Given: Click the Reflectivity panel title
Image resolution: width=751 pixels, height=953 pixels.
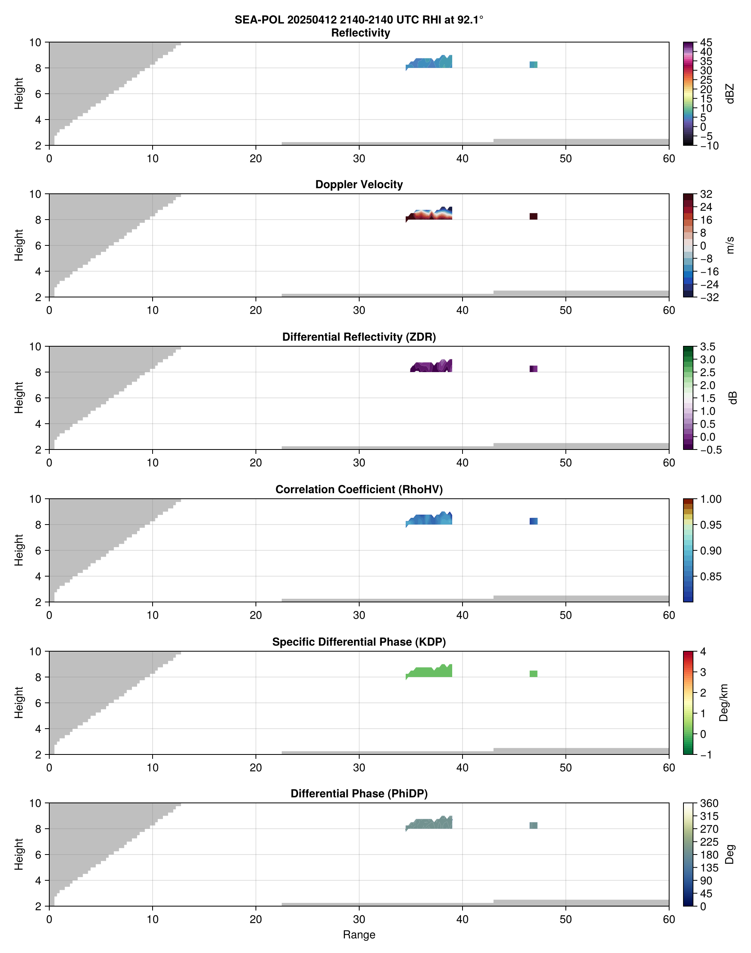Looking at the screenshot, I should (x=360, y=33).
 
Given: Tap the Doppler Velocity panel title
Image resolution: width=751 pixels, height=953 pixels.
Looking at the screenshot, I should (x=359, y=185).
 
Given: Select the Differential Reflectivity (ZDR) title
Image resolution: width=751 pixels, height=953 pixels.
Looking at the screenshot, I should (x=359, y=337).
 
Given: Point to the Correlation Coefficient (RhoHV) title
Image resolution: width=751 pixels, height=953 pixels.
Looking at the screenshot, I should (x=359, y=490).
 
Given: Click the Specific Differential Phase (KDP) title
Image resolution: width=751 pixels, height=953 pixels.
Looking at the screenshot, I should (x=359, y=642).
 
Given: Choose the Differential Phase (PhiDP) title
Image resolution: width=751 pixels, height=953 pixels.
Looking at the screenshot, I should (x=359, y=793).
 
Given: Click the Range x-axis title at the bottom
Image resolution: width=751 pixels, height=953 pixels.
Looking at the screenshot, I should (x=359, y=935).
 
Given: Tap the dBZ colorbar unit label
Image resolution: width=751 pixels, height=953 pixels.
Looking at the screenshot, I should (x=730, y=94).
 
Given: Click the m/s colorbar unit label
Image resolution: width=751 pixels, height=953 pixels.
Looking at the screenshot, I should (x=730, y=245).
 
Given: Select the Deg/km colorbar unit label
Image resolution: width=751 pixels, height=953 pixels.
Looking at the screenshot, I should (x=724, y=702).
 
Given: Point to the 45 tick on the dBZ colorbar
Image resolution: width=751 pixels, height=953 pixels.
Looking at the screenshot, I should (x=706, y=42).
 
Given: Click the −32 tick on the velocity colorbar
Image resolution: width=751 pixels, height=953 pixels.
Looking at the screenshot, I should (x=709, y=297).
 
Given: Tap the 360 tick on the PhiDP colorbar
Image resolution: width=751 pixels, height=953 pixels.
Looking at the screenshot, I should (x=709, y=804).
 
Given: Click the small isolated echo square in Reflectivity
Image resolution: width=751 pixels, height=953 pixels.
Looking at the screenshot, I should (x=533, y=65).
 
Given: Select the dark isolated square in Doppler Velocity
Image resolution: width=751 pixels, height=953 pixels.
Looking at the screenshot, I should (x=533, y=216).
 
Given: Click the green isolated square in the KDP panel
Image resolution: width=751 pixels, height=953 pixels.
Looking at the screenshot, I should (x=533, y=674).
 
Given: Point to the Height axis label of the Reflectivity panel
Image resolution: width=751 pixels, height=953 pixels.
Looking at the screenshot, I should (x=18, y=94).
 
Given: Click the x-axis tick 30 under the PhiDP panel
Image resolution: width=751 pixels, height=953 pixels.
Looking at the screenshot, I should (x=359, y=919).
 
